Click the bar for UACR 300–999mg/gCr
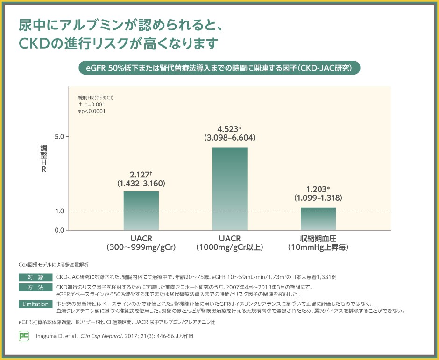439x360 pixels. click(141, 211)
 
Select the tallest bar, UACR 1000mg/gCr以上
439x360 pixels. click(230, 189)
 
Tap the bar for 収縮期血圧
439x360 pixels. click(318, 219)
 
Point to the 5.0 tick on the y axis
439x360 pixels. click(59, 137)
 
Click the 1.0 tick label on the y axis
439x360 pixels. click(59, 211)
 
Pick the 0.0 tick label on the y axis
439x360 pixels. click(59, 230)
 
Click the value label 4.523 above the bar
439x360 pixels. click(228, 128)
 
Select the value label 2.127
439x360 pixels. click(139, 174)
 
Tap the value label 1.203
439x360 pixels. click(316, 189)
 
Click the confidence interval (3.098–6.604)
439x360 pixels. click(230, 138)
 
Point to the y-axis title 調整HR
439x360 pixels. click(43, 159)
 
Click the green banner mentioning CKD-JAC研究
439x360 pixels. click(219, 67)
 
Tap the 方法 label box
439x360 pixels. click(35, 287)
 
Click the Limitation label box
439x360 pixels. click(35, 304)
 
